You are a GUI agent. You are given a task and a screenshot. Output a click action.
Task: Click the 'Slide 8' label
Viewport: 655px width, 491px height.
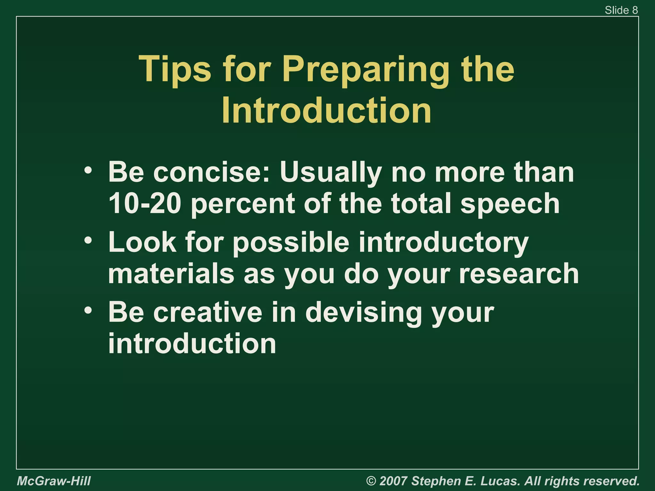point(621,10)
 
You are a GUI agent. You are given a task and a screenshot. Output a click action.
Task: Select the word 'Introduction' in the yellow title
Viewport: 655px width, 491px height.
point(326,110)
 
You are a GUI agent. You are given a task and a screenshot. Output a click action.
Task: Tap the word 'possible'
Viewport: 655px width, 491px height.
point(291,242)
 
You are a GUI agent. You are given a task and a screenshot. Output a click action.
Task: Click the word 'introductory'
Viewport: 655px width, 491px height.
point(443,242)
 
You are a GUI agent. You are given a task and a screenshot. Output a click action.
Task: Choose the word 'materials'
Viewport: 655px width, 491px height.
point(171,274)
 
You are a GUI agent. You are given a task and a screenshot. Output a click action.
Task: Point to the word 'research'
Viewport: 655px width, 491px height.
point(519,274)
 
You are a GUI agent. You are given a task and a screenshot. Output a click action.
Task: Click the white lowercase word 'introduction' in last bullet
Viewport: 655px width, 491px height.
point(192,344)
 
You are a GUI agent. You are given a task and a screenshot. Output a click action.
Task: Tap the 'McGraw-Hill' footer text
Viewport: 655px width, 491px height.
point(54,481)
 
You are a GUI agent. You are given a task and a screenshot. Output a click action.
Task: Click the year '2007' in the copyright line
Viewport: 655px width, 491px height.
point(393,481)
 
